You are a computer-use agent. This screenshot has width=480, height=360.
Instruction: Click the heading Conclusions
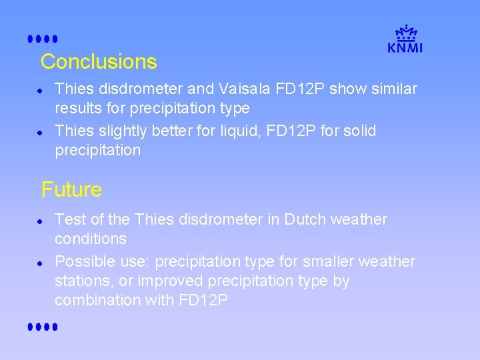(99, 62)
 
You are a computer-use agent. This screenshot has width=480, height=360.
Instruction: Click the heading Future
(71, 190)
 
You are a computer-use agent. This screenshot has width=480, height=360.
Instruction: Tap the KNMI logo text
(405, 47)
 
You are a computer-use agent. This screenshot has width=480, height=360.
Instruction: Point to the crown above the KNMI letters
(405, 32)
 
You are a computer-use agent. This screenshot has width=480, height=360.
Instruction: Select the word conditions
(91, 239)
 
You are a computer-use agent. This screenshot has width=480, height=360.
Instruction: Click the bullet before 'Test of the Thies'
(41, 220)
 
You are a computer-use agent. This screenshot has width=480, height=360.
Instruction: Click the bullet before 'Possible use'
(41, 262)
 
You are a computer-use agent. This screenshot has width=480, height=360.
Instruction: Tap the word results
(77, 108)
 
